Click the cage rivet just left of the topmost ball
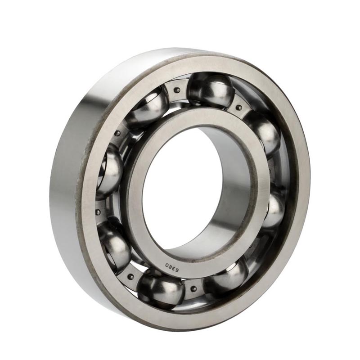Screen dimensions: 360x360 coord(176,90)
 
